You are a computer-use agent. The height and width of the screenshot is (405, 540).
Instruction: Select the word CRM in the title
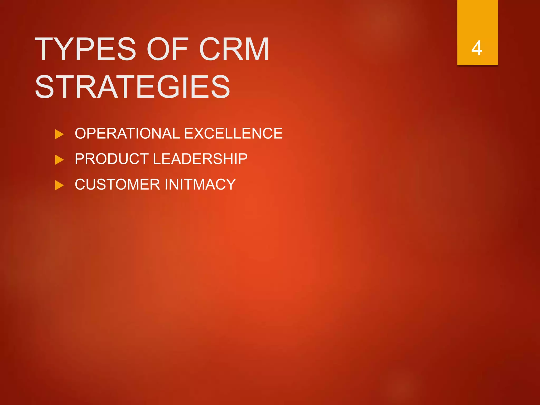tap(234, 49)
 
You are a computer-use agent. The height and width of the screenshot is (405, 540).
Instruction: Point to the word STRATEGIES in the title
tap(132, 87)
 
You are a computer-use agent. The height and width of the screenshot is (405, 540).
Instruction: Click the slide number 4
tap(477, 48)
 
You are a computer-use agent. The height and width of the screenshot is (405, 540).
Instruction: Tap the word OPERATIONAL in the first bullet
tap(127, 133)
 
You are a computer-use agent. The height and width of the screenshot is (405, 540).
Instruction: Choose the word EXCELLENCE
tap(233, 133)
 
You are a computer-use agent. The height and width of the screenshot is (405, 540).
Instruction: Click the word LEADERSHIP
tap(200, 159)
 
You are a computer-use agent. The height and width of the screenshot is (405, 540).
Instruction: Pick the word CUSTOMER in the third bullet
tap(117, 184)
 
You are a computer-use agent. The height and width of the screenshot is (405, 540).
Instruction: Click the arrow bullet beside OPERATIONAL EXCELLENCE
tap(59, 134)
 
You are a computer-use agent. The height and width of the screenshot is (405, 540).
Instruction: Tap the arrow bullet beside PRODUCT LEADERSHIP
tap(59, 160)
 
